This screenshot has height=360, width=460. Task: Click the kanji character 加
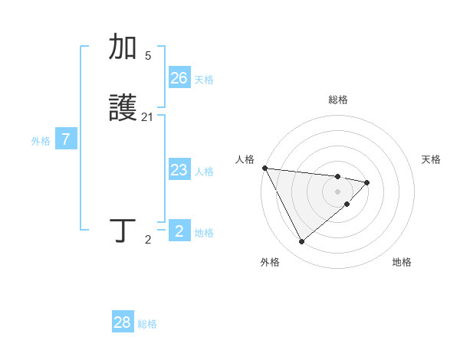(x=123, y=47)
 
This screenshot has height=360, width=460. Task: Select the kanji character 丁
(x=123, y=231)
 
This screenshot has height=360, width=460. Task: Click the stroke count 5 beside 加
(x=148, y=56)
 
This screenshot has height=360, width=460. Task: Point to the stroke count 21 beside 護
(x=148, y=117)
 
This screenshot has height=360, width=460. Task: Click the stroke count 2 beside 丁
(x=148, y=240)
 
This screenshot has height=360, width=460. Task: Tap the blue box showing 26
(x=179, y=78)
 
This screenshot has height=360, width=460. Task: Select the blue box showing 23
(x=179, y=170)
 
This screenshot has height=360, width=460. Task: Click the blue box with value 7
(x=66, y=139)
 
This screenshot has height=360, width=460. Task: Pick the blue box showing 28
(x=123, y=322)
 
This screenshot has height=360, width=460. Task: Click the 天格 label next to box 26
(x=204, y=80)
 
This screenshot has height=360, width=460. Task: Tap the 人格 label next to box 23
(x=204, y=172)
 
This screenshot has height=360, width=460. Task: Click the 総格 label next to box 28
(x=147, y=324)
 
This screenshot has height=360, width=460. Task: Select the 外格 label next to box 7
(x=41, y=141)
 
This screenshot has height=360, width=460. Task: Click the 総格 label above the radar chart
(x=338, y=100)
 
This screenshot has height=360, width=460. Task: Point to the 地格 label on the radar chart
(x=402, y=262)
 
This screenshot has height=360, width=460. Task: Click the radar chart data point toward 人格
(x=264, y=168)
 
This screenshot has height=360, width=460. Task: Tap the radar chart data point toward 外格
(x=301, y=241)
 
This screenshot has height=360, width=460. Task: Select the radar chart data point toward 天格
(x=367, y=182)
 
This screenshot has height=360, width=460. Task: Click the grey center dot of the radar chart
(x=338, y=191)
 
